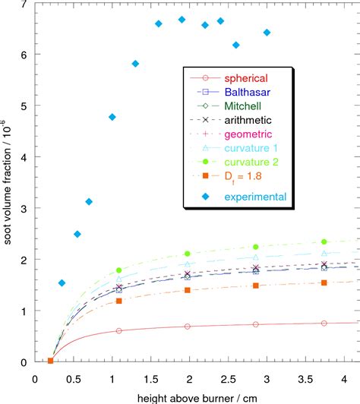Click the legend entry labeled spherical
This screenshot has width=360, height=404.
click(247, 77)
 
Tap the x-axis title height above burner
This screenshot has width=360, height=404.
click(191, 397)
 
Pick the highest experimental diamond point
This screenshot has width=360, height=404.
click(182, 20)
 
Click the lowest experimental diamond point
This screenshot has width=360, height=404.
click(62, 283)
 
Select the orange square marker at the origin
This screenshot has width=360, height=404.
click(51, 361)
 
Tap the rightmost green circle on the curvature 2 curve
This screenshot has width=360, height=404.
click(325, 241)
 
